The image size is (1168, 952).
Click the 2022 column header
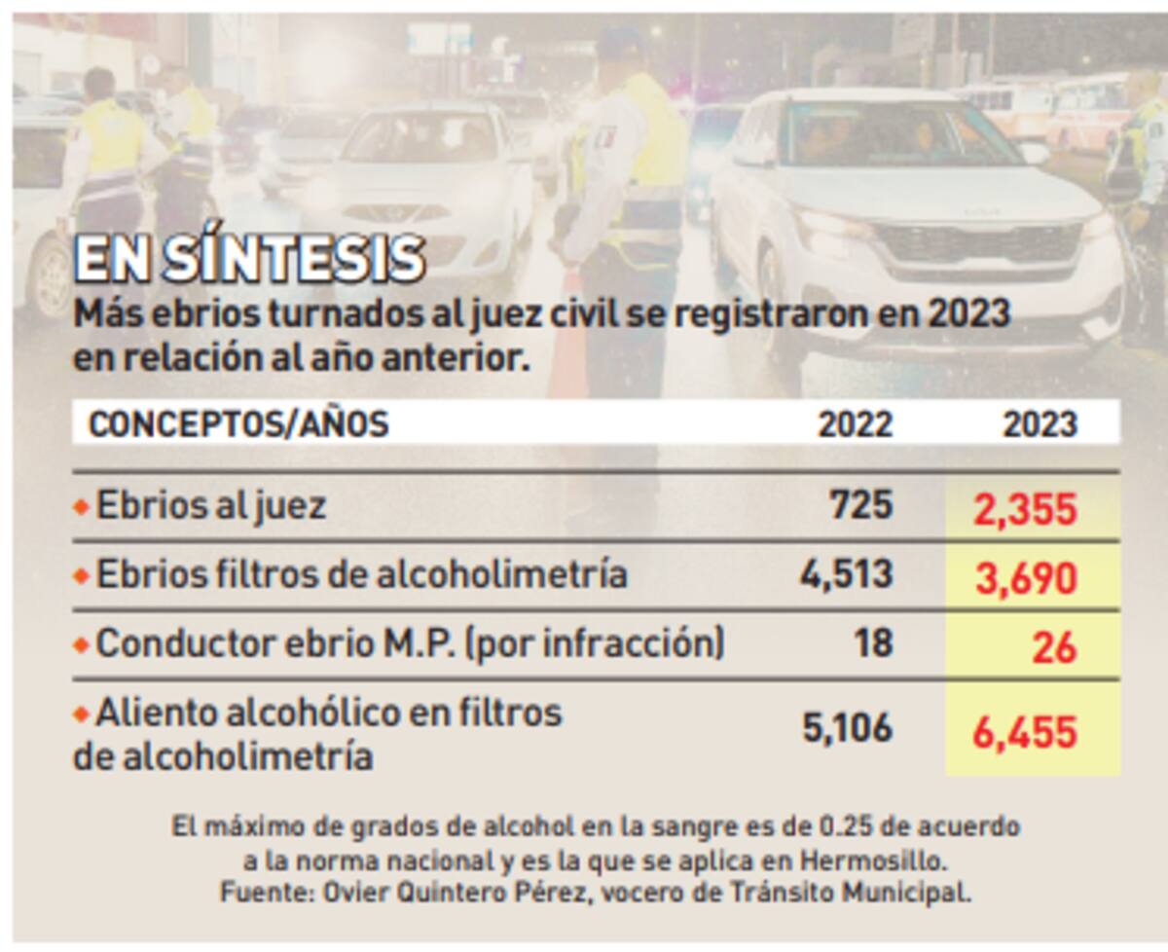pos(854,425)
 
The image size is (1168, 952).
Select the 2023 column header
pos(1040,425)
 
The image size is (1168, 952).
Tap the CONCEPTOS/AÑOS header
pos(237,424)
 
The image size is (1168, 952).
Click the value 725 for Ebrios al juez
pos(860,505)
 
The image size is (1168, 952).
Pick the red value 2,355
pos(1027,509)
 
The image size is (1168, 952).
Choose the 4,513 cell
pos(845,574)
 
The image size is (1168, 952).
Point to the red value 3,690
pos(1027,578)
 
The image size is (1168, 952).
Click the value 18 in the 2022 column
pos(873,643)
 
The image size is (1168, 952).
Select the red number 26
pos(1053,647)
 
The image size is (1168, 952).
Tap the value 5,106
pos(847,729)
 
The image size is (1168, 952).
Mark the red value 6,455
pos(1027,732)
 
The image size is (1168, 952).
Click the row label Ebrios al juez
pos(210,505)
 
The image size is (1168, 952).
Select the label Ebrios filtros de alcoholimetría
pos(361,574)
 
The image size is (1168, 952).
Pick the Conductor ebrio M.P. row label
pos(410,643)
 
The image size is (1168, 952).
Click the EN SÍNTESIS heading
pos(249,258)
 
